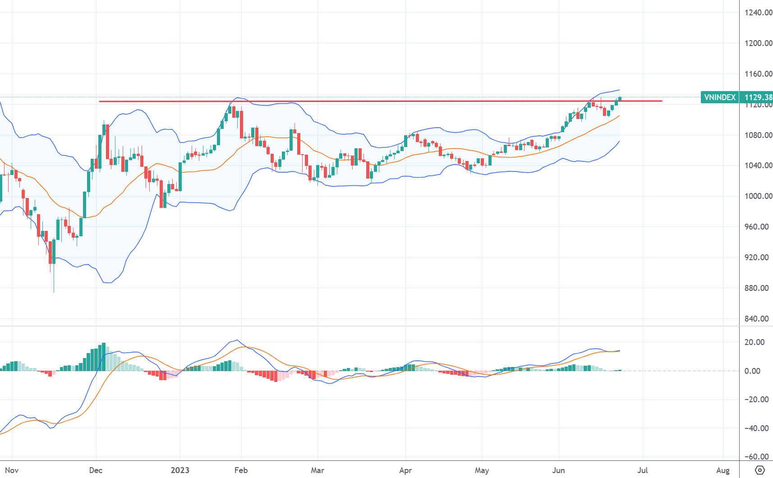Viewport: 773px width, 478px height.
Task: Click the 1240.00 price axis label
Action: [758, 13]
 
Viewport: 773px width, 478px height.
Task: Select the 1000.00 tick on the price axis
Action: [758, 196]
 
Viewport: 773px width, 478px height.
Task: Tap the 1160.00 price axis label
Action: [758, 74]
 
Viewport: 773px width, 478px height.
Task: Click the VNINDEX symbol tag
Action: [719, 97]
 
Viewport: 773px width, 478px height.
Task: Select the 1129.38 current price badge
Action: [758, 97]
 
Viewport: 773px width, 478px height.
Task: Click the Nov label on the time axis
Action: [12, 470]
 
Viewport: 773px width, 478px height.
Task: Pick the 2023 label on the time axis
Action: [180, 470]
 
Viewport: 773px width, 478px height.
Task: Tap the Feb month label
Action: [241, 470]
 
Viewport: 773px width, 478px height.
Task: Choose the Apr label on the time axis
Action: [405, 470]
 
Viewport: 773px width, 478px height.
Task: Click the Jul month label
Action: [643, 470]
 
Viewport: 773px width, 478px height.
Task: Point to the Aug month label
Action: [723, 470]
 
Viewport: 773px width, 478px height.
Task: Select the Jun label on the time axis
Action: [559, 470]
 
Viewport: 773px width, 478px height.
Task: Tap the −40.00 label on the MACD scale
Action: [756, 428]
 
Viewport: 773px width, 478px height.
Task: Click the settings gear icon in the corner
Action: [760, 470]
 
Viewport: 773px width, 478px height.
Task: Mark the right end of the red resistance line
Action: [662, 101]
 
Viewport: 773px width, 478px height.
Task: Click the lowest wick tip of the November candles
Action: [54, 292]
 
